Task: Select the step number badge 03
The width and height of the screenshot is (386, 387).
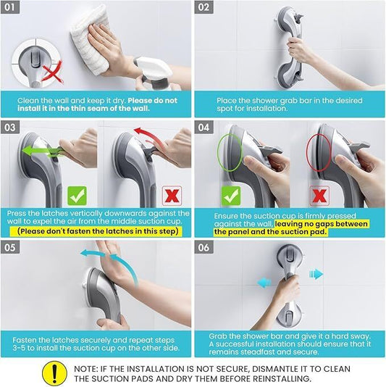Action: pos(15,128)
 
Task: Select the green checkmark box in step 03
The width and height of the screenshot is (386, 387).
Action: pos(77,195)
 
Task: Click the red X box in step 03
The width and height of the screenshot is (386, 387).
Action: pos(172,195)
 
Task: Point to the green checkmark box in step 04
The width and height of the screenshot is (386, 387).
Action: pos(230,196)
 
